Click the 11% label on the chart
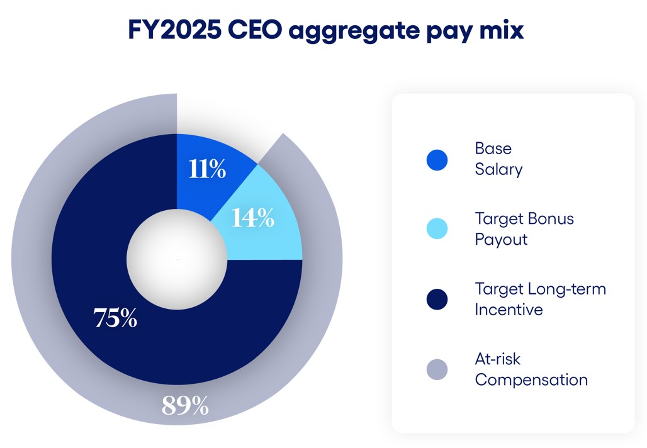tap(207, 169)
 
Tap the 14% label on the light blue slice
tap(252, 218)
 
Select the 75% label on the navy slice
tap(115, 318)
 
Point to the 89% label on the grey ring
tap(185, 406)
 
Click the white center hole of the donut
tap(177, 259)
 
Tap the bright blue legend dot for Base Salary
tap(436, 160)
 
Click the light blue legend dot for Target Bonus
tap(436, 229)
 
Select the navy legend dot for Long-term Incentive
tap(436, 300)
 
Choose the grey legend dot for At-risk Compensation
tap(436, 369)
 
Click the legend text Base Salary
tap(498, 159)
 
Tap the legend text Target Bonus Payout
tap(524, 229)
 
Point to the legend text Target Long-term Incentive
tap(540, 300)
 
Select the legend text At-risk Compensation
tap(531, 369)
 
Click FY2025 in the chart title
tap(174, 30)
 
